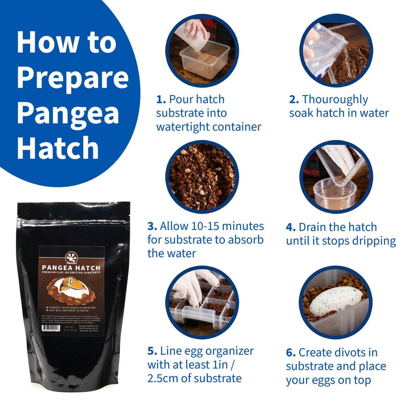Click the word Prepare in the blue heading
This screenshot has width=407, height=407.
click(x=73, y=78)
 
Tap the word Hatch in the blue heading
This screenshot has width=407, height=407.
click(x=58, y=148)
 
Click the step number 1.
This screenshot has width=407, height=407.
click(x=161, y=100)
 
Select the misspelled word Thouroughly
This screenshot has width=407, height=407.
click(x=335, y=100)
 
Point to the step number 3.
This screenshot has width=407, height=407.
click(x=152, y=226)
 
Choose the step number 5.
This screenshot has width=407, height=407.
click(x=152, y=351)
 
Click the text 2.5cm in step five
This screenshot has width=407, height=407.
click(x=162, y=378)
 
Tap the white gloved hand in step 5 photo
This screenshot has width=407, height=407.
click(x=190, y=287)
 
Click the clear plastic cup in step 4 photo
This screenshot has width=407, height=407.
click(x=334, y=193)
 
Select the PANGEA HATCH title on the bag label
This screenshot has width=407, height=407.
click(x=71, y=268)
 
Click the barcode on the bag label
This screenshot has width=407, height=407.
click(x=51, y=328)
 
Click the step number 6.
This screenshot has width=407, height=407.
click(x=291, y=353)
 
